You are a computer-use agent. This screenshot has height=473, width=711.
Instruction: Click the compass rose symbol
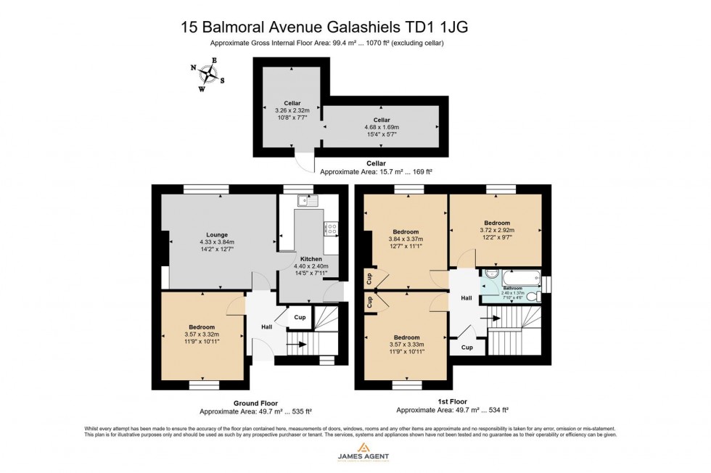coord(208,73)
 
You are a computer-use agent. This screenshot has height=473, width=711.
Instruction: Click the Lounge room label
coord(216,234)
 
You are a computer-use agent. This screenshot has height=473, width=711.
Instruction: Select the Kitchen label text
coord(311,259)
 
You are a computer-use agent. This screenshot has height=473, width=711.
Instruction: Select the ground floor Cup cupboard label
coord(300,318)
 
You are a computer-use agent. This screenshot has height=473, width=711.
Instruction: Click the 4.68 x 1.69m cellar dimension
coord(382,127)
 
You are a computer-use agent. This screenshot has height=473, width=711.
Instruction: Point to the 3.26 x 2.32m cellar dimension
coord(292,110)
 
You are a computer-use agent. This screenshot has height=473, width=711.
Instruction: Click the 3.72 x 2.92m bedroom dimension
coord(496,230)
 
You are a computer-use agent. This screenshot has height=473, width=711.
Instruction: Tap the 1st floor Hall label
coord(467,297)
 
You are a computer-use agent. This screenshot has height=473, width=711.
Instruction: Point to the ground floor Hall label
coord(266,327)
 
